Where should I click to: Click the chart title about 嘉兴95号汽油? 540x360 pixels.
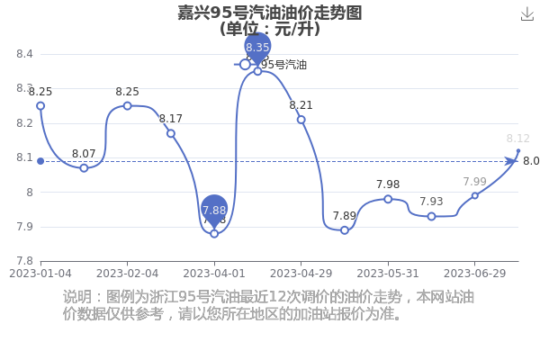(x=270, y=13)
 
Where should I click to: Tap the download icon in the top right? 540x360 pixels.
(x=527, y=13)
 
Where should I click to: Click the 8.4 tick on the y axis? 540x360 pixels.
(x=24, y=54)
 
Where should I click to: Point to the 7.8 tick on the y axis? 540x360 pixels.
(x=24, y=261)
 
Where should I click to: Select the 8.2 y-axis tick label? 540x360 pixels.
(x=24, y=123)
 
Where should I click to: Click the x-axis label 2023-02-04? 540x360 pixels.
(x=127, y=273)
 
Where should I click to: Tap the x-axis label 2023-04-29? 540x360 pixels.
(x=301, y=273)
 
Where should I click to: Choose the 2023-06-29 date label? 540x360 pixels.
(x=475, y=273)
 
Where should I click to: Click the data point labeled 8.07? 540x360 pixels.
(x=84, y=168)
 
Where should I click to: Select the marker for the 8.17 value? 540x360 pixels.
(x=171, y=133)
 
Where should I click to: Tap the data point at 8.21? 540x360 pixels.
(x=301, y=120)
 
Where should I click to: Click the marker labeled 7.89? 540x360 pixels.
(x=345, y=230)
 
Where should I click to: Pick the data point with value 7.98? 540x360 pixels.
(x=388, y=199)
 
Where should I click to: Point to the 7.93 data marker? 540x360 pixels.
(x=431, y=216)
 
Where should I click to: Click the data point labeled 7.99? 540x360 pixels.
(x=475, y=195)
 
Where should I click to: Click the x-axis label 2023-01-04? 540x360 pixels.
(x=40, y=273)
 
